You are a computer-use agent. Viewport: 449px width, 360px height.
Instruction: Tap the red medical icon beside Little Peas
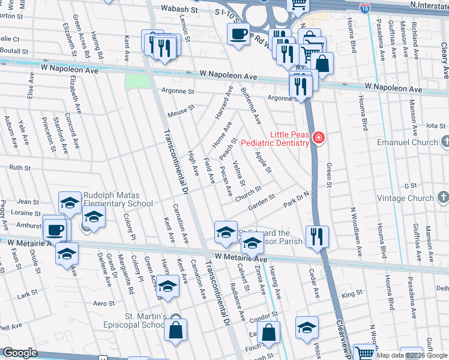(x=319, y=139)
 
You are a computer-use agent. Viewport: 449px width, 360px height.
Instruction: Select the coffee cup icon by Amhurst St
(x=55, y=230)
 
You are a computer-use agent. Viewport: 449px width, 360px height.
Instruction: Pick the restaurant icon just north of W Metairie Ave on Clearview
(x=316, y=236)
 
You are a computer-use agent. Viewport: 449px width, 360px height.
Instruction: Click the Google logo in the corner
(x=20, y=353)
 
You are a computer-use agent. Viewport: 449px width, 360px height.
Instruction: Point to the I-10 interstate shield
(x=364, y=8)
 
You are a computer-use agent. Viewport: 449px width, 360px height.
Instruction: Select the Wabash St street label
(x=181, y=10)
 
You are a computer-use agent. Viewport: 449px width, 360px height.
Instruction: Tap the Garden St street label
(x=262, y=201)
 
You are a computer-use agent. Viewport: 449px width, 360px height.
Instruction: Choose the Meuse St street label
(x=181, y=112)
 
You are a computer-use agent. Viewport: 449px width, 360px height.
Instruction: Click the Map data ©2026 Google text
(x=411, y=355)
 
